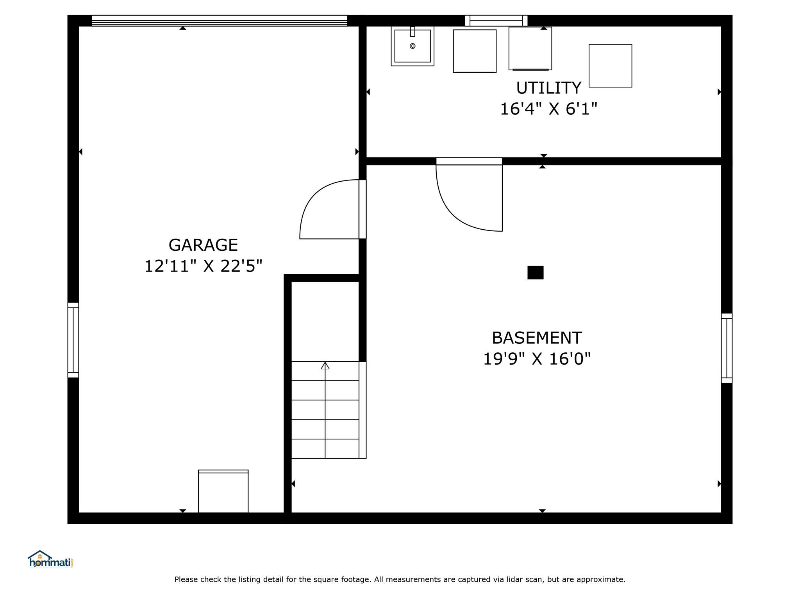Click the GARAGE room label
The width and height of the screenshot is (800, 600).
[x=203, y=245]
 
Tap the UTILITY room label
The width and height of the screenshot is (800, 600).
[x=548, y=88]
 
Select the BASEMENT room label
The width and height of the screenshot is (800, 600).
[x=537, y=338]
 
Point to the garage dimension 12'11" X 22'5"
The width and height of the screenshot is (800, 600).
[x=203, y=266]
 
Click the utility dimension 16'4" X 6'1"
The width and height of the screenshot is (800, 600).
[x=548, y=109]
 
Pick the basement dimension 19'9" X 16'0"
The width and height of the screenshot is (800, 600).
[x=537, y=359]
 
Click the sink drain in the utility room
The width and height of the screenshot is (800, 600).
[x=412, y=46]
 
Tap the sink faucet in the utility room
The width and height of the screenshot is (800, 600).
[x=412, y=32]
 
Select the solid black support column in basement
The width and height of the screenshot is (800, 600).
[x=535, y=273]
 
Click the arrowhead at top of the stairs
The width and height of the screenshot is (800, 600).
[x=325, y=366]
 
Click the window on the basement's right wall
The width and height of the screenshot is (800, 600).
[x=727, y=348]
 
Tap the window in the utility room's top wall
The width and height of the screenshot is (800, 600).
[x=496, y=21]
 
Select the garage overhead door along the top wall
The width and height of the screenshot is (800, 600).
[x=220, y=21]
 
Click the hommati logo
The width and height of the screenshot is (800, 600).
[x=50, y=559]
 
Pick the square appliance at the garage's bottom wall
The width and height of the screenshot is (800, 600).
[x=223, y=491]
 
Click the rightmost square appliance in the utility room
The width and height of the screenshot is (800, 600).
[x=610, y=66]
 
